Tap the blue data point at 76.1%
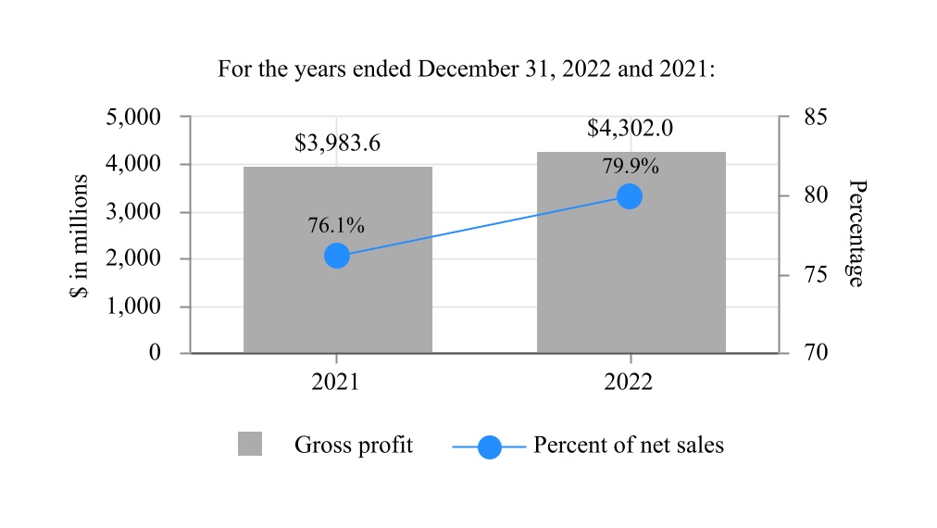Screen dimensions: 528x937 [337, 256]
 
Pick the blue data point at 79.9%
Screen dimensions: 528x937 [630, 196]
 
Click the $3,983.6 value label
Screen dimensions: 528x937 [337, 144]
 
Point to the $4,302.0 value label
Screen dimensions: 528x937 [630, 129]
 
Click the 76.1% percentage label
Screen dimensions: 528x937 [335, 225]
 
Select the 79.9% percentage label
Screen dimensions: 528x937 [630, 167]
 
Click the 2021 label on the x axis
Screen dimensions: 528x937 [336, 383]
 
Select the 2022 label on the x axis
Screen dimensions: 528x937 [630, 383]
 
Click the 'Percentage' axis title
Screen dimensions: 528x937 [856, 233]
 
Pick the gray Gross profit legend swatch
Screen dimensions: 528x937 [250, 444]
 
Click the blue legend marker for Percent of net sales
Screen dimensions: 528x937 [489, 446]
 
